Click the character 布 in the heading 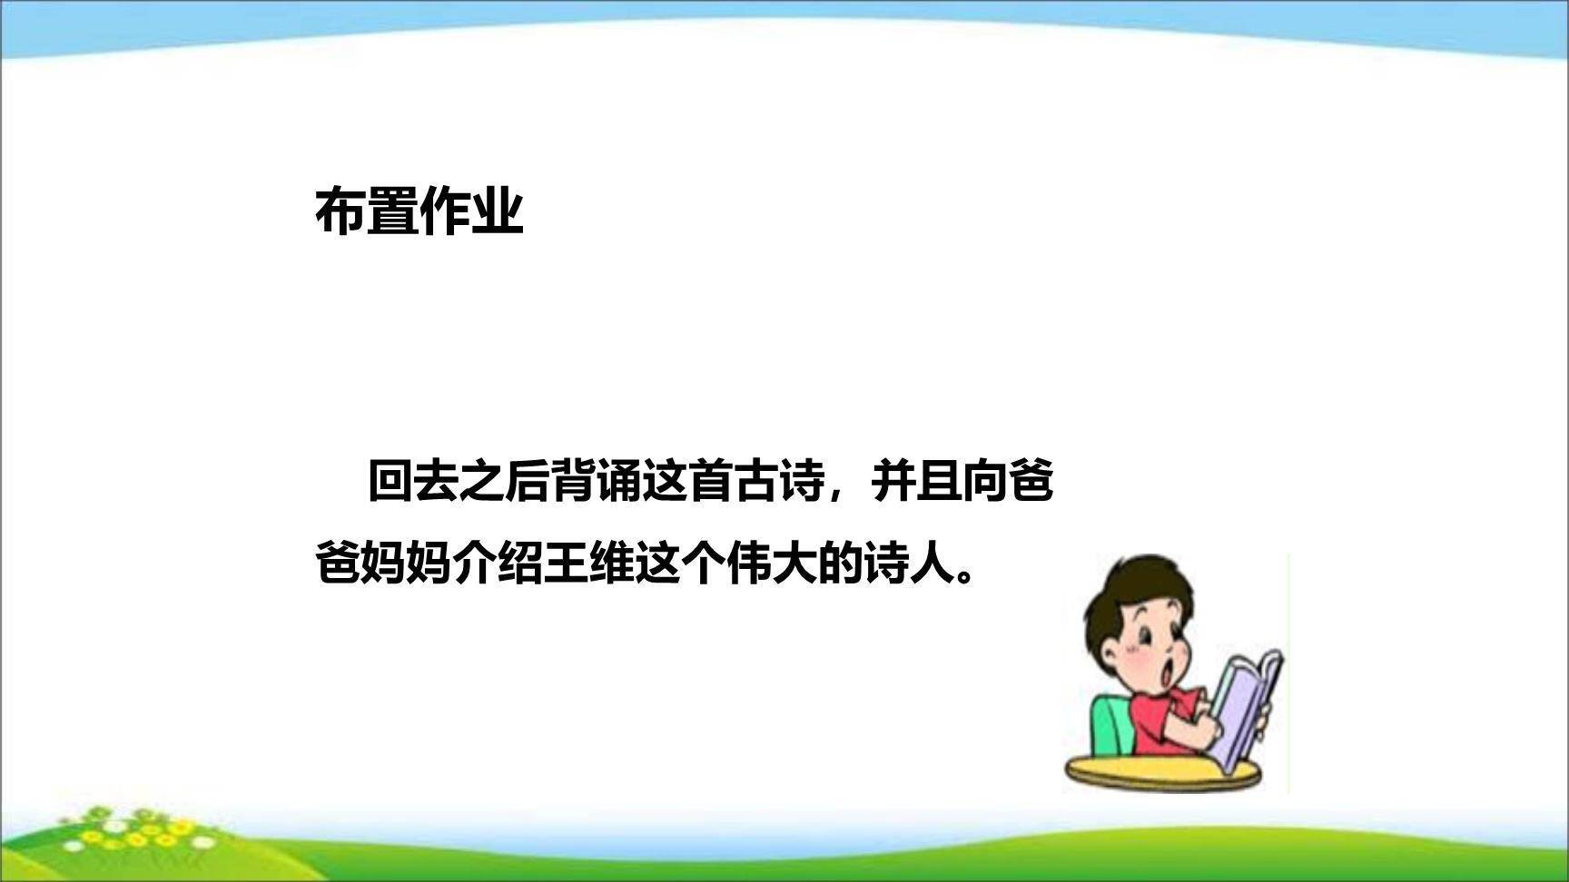click(x=341, y=212)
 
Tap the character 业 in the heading click(x=498, y=212)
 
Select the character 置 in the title click(x=393, y=212)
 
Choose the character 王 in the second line click(x=566, y=564)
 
